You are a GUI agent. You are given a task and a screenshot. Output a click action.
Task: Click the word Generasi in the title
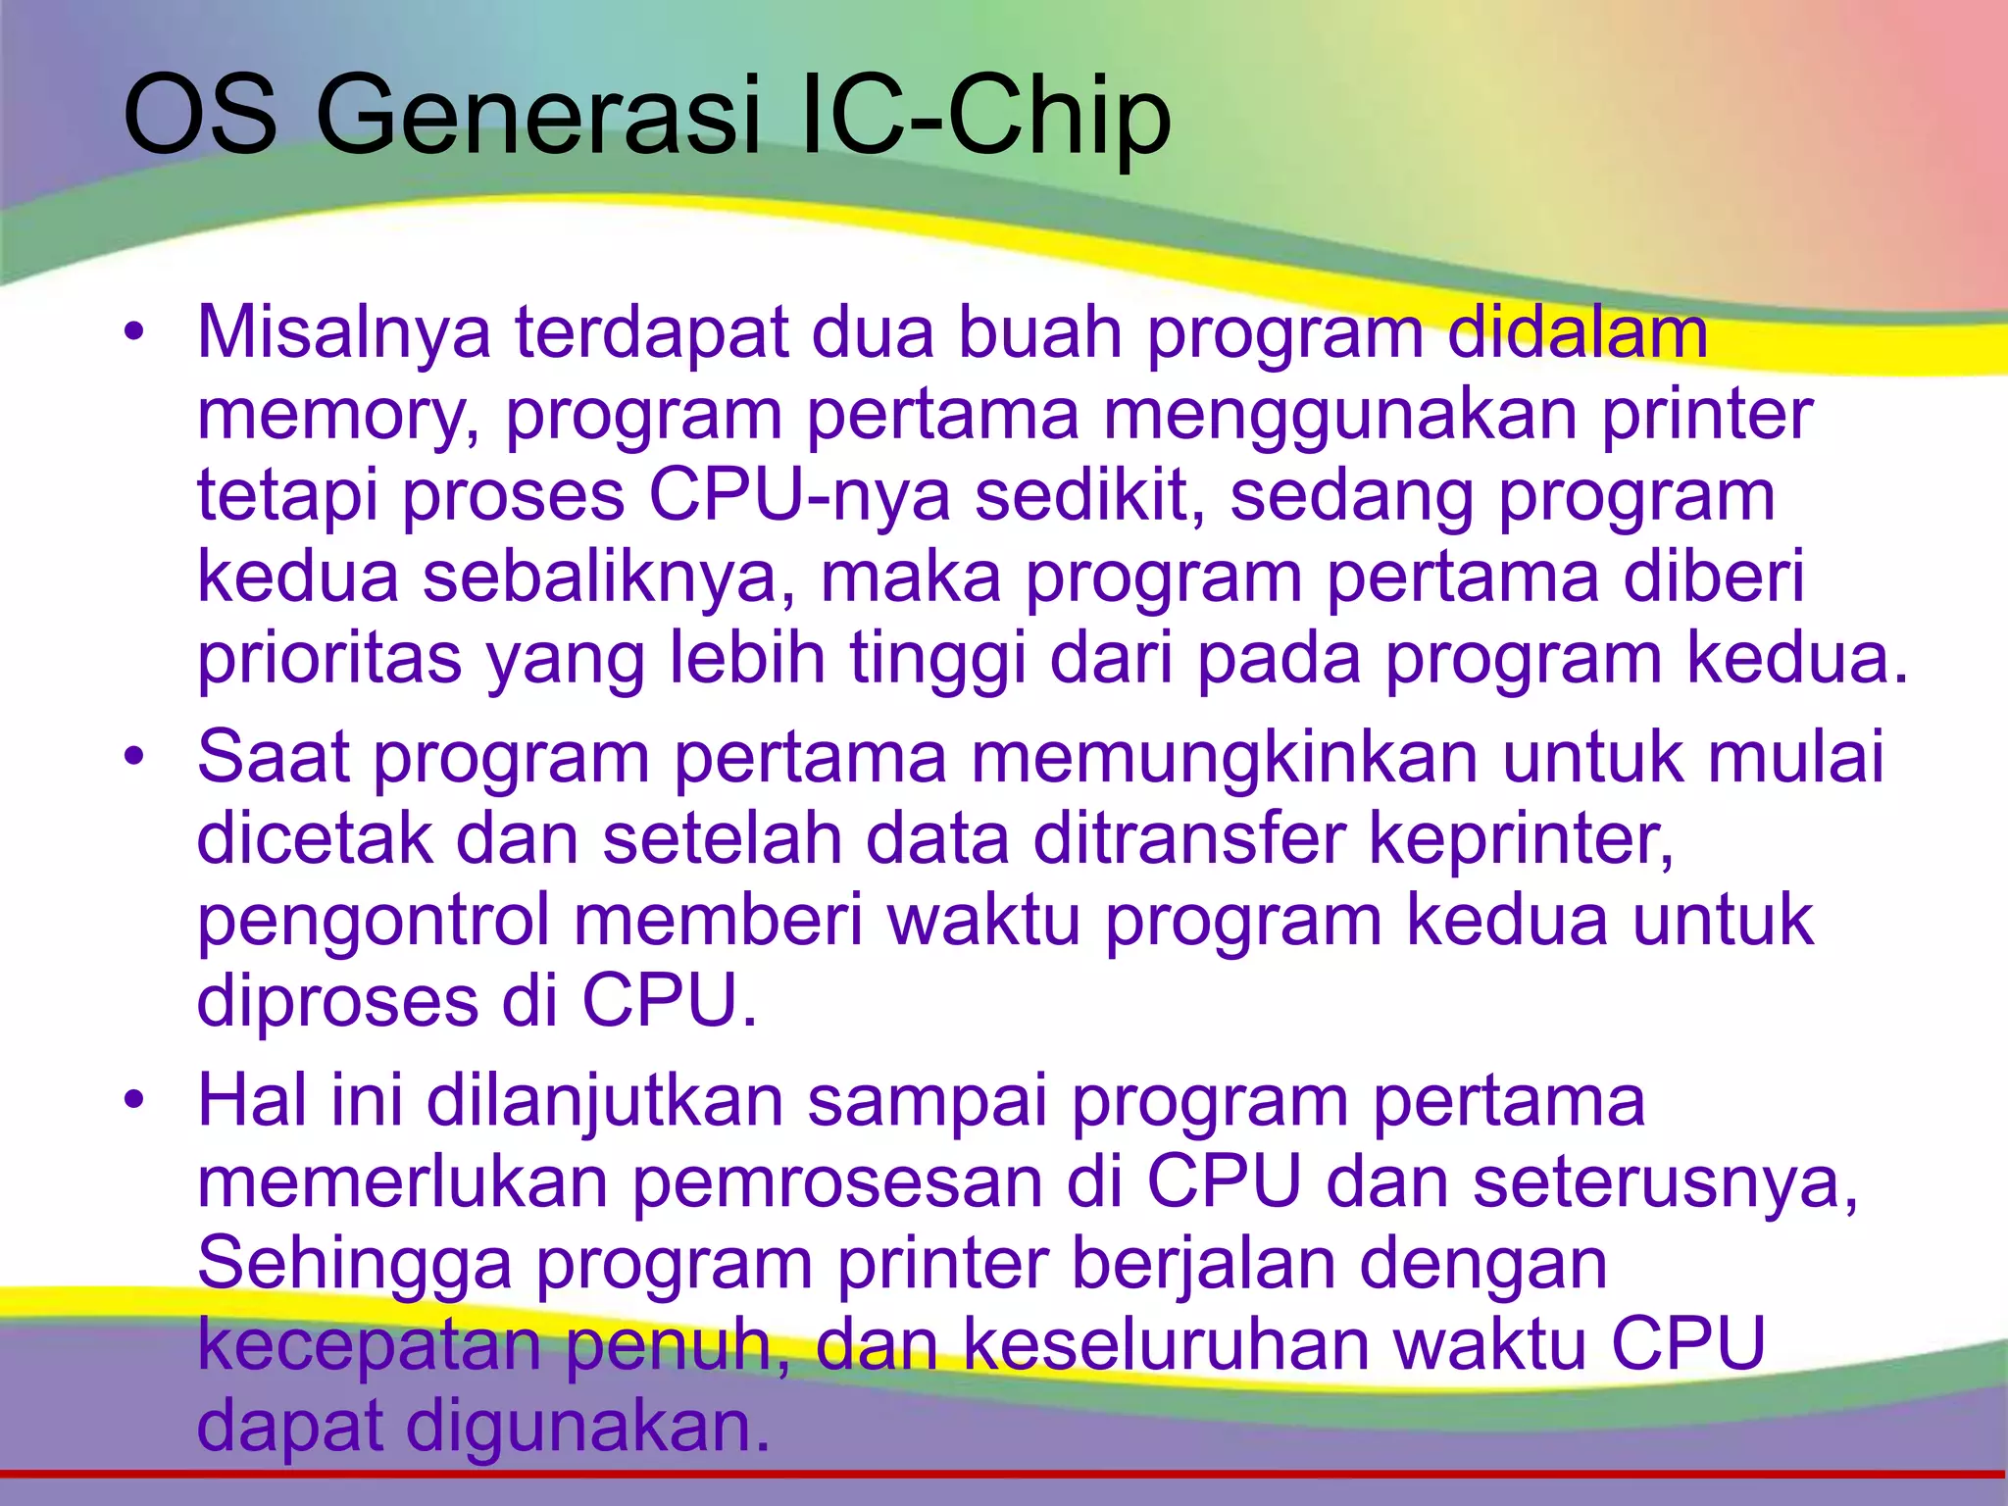(x=537, y=118)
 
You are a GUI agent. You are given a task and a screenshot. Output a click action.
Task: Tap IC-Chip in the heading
(x=985, y=118)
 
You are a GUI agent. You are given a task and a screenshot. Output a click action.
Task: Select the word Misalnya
(x=343, y=333)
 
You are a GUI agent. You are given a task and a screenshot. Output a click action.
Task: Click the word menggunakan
(x=1339, y=414)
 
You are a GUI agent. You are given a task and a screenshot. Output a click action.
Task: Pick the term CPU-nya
(x=799, y=495)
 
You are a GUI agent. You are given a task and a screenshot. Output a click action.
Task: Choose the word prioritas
(x=329, y=659)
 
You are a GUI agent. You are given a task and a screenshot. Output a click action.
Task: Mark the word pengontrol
(x=374, y=922)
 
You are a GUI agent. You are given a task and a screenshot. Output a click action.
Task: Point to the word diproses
(x=337, y=1002)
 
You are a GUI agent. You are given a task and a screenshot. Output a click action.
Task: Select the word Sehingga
(x=354, y=1264)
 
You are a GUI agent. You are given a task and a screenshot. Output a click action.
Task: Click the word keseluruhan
(x=1166, y=1344)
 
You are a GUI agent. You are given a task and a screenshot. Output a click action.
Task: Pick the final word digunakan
(x=588, y=1426)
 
